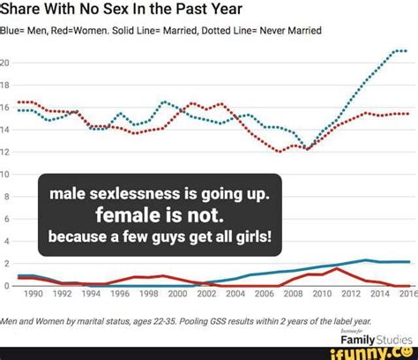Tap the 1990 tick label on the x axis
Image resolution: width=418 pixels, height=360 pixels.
[34, 294]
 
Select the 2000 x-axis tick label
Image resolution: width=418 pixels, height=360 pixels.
[177, 294]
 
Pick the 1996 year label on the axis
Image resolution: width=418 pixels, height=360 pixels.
[120, 294]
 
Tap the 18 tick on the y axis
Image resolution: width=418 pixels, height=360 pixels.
[5, 86]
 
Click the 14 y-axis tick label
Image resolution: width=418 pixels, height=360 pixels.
[5, 130]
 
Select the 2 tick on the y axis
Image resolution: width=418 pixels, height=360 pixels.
[7, 263]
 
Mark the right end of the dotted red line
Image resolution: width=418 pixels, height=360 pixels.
[407, 114]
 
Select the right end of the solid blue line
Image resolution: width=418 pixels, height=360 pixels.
[407, 262]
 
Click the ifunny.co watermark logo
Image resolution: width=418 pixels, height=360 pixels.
[377, 351]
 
